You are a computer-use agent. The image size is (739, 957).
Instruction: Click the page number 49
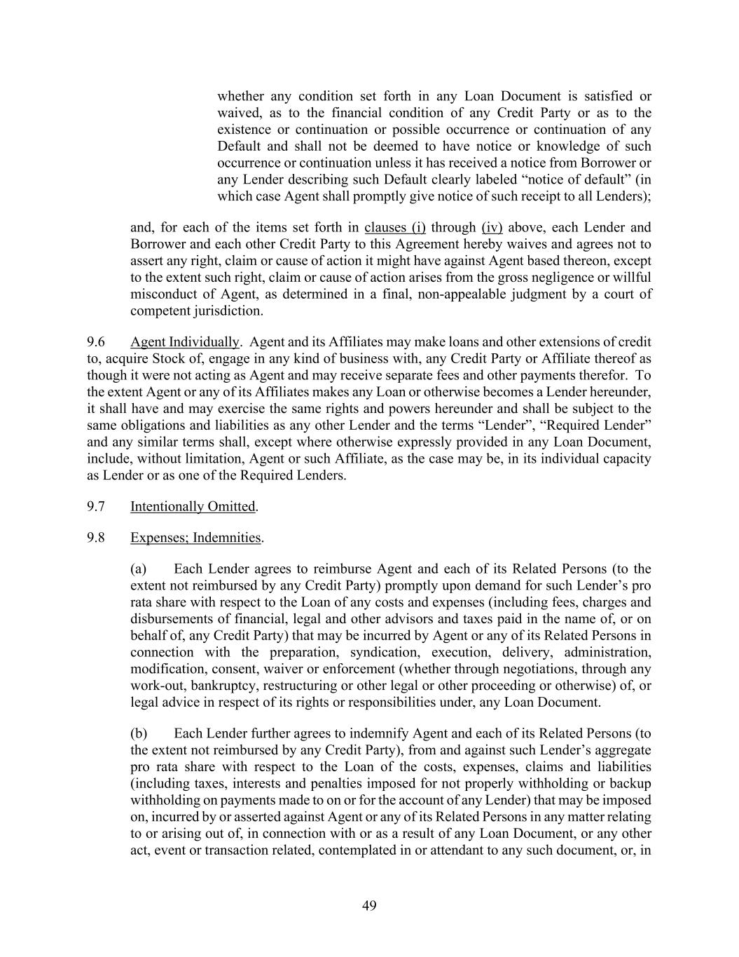coord(369,906)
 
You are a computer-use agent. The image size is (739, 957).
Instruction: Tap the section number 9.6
coord(96,342)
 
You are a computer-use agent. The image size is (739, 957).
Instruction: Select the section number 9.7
coord(96,506)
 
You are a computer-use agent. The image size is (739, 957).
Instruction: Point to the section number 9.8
coord(96,538)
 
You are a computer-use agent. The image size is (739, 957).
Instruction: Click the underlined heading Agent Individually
coord(184,342)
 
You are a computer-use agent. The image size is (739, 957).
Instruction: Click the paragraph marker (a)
coord(139,569)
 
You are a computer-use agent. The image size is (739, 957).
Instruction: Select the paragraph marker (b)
coord(139,733)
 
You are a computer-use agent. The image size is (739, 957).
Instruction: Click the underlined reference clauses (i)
coord(394,227)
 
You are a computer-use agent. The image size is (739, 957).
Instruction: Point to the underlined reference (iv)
coord(492,227)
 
